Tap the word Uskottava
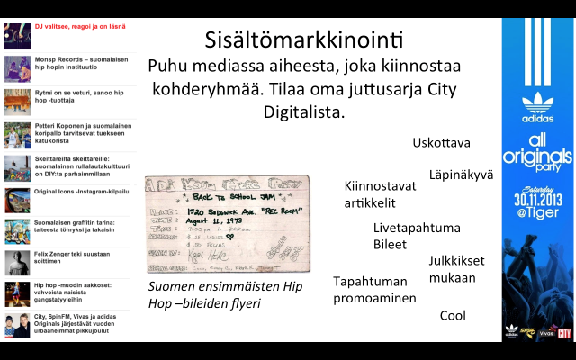[441, 142]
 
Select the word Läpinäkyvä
[461, 175]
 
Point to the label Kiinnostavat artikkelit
[380, 193]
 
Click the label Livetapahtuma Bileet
[404, 236]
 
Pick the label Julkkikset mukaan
[456, 269]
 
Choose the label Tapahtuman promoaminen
[374, 289]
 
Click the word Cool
[453, 316]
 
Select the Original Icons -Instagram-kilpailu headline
[82, 192]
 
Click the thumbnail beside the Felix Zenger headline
[17, 262]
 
